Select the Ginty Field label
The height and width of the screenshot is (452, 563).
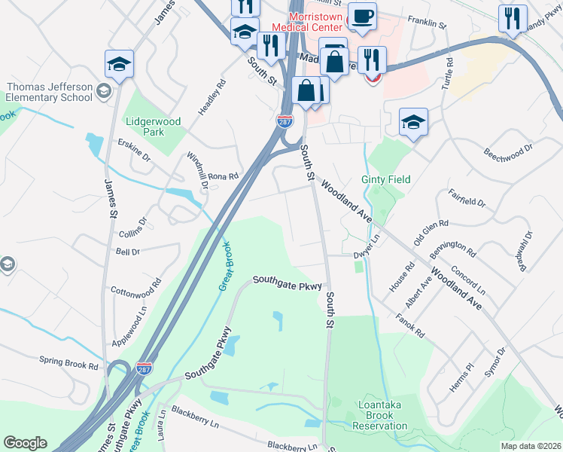point(385,179)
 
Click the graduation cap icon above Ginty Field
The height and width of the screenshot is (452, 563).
point(413,121)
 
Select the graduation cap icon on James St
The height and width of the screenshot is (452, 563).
point(119,64)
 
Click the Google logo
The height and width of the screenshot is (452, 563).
point(25,443)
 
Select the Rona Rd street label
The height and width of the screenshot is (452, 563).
point(223,176)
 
